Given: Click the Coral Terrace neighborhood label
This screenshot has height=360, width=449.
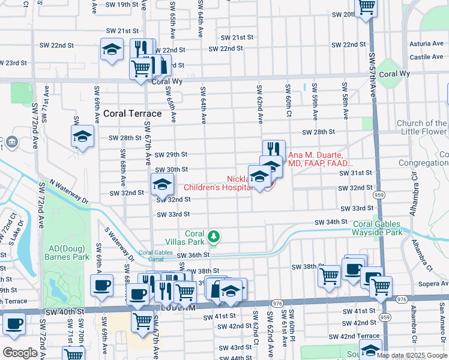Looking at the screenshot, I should point(132,113).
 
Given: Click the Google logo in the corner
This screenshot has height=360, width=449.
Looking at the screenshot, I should point(20,353).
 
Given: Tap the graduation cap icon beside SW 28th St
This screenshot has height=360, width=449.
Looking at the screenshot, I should point(82,136).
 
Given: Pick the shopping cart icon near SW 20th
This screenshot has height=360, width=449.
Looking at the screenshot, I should point(366,7).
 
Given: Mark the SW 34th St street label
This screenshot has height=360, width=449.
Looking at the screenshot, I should point(331,222).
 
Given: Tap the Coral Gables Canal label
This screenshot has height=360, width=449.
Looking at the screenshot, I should point(155,256).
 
